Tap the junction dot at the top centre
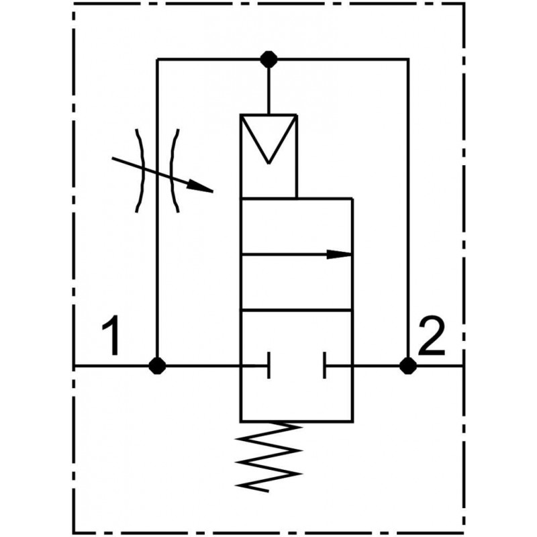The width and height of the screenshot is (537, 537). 268,59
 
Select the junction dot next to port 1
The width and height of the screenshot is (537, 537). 157,366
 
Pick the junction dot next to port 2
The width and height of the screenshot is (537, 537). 407,366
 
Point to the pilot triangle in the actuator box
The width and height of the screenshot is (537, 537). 268,138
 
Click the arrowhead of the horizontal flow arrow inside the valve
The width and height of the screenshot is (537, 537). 341,254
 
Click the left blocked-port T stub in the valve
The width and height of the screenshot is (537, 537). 268,366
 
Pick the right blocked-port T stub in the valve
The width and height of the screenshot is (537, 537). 325,366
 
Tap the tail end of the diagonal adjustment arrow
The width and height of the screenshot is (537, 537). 113,159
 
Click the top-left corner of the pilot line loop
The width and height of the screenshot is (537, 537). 157,59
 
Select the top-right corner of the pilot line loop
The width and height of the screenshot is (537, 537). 407,59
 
